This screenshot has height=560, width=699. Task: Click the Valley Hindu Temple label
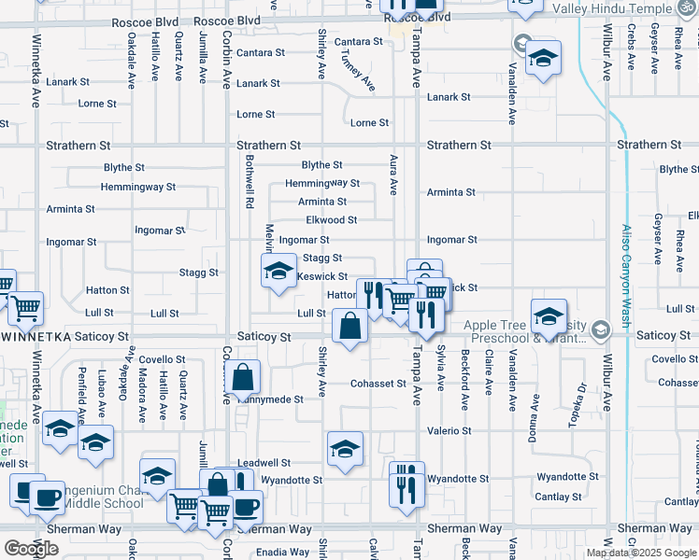point(624,8)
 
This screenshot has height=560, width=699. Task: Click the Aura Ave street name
point(393,174)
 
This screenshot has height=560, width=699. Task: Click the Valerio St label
point(449,431)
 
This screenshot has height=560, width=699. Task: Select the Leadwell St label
point(264,463)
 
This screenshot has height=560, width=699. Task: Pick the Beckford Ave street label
point(464,381)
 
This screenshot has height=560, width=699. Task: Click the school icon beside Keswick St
point(277,272)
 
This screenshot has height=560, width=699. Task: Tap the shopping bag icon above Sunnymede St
point(242,378)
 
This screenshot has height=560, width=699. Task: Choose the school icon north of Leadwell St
point(345,448)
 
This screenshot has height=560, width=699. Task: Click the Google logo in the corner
point(31,549)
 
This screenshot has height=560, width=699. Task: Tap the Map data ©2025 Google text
point(641,553)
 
